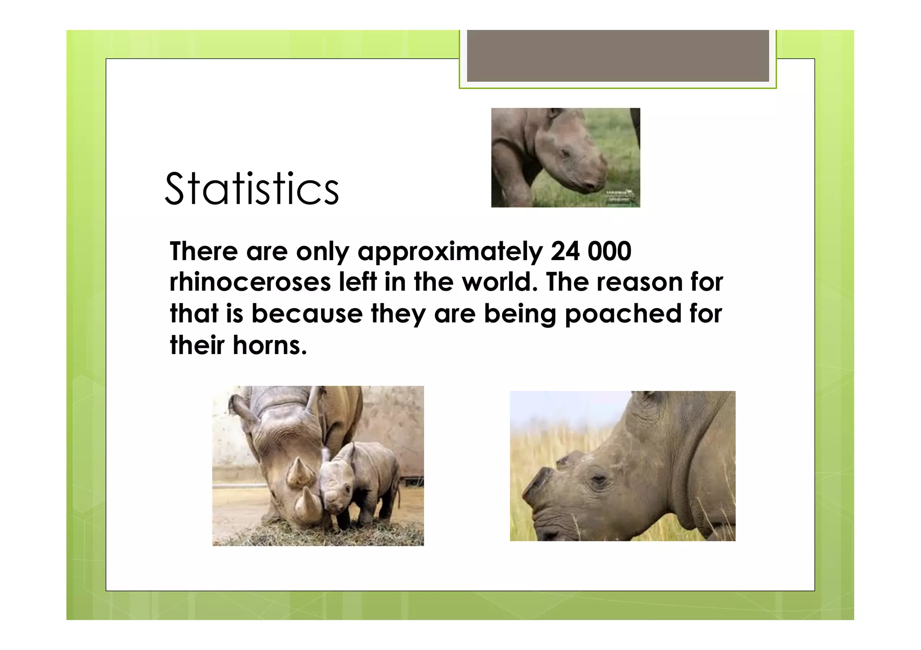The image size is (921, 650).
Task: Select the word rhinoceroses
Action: coord(250,282)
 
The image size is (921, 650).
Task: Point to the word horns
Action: coord(269,345)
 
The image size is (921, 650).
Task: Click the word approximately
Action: coord(450,252)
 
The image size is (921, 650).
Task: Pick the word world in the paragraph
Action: coord(499,282)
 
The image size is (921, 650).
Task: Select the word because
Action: coord(307,314)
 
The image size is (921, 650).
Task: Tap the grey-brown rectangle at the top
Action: coord(617,56)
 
